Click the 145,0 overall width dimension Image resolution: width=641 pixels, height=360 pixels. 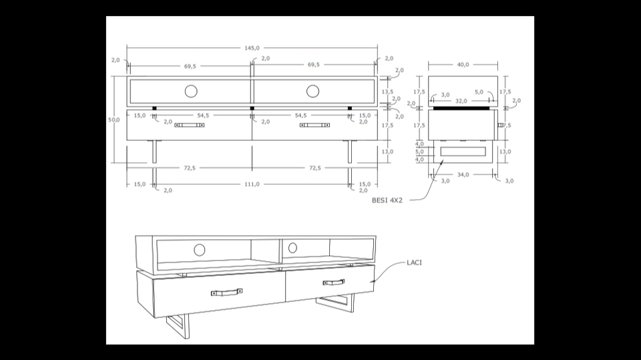pyautogui.click(x=252, y=48)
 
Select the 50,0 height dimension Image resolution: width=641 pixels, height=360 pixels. pyautogui.click(x=114, y=120)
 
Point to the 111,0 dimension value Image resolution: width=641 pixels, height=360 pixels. pyautogui.click(x=252, y=184)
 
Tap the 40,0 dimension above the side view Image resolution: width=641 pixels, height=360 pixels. pyautogui.click(x=463, y=65)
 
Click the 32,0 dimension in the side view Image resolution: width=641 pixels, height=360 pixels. pyautogui.click(x=461, y=102)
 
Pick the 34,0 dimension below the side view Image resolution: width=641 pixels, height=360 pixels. pyautogui.click(x=463, y=175)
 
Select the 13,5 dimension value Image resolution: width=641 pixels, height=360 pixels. pyautogui.click(x=387, y=92)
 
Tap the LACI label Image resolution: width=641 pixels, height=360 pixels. pyautogui.click(x=414, y=262)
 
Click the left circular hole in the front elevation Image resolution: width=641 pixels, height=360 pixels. pyautogui.click(x=191, y=91)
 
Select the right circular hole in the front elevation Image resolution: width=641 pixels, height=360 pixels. pyautogui.click(x=313, y=91)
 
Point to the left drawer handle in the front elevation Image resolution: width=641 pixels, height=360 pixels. pyautogui.click(x=190, y=125)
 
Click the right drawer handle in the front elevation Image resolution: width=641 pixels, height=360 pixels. pyautogui.click(x=314, y=125)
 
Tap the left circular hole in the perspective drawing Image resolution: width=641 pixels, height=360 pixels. pyautogui.click(x=200, y=250)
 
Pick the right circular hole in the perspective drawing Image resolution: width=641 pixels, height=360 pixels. pyautogui.click(x=292, y=247)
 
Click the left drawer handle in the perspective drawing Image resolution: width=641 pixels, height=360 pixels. pyautogui.click(x=226, y=292)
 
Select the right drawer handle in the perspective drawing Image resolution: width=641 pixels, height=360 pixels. pyautogui.click(x=334, y=283)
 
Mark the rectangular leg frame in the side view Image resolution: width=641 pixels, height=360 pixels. pyautogui.click(x=463, y=152)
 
